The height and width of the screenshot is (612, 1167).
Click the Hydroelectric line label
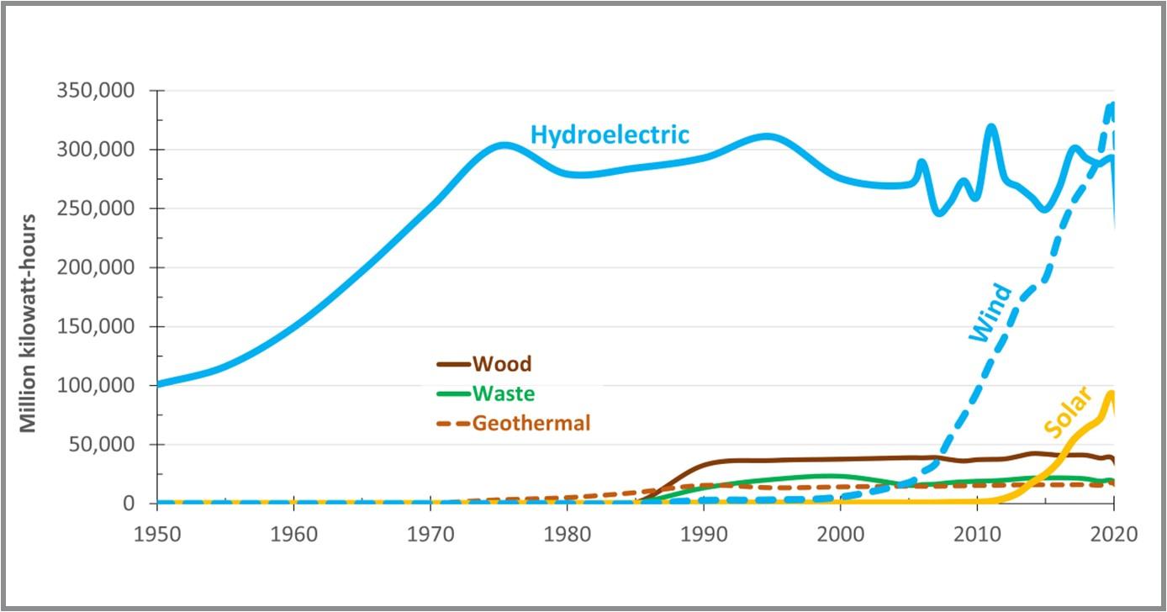click(x=610, y=135)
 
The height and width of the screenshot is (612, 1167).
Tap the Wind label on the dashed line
click(x=991, y=314)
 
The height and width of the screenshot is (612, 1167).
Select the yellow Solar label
click(x=1068, y=412)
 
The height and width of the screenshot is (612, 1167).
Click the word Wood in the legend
click(x=502, y=364)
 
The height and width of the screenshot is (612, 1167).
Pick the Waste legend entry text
click(x=504, y=393)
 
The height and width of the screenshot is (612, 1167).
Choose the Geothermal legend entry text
click(x=531, y=423)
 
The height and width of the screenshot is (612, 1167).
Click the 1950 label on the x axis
click(x=156, y=534)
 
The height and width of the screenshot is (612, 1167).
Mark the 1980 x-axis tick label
click(x=568, y=534)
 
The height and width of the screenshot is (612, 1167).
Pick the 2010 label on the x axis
click(x=977, y=534)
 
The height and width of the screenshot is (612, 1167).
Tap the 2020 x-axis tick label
click(x=1113, y=534)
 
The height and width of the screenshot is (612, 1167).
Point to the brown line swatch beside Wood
click(x=452, y=365)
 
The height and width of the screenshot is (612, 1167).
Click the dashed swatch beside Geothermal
click(x=452, y=424)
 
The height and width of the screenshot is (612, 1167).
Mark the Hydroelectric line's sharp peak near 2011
click(x=991, y=128)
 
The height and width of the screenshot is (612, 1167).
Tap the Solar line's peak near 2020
click(x=1112, y=393)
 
